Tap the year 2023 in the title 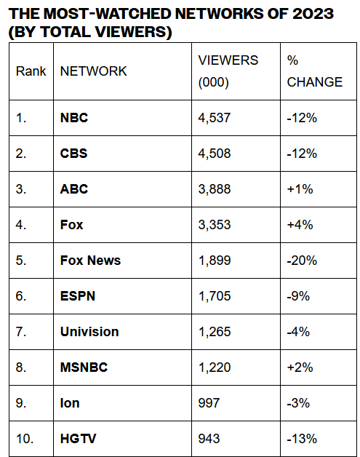pyautogui.click(x=313, y=14)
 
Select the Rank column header pyautogui.click(x=31, y=71)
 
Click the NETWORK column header pyautogui.click(x=94, y=71)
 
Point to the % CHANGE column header pyautogui.click(x=315, y=71)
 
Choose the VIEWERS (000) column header pyautogui.click(x=228, y=71)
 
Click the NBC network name pyautogui.click(x=74, y=118)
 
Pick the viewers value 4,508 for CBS pyautogui.click(x=215, y=154)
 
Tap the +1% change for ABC pyautogui.click(x=300, y=189)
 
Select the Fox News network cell pyautogui.click(x=90, y=261)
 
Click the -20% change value pyautogui.click(x=302, y=261)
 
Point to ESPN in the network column pyautogui.click(x=78, y=296)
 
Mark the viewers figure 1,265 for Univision pyautogui.click(x=215, y=332)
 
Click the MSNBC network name pyautogui.click(x=84, y=367)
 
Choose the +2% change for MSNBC pyautogui.click(x=300, y=367)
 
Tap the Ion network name pyautogui.click(x=70, y=403)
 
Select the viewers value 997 pyautogui.click(x=209, y=403)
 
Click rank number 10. pyautogui.click(x=25, y=439)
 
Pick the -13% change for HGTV pyautogui.click(x=302, y=439)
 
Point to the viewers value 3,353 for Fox pyautogui.click(x=215, y=225)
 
